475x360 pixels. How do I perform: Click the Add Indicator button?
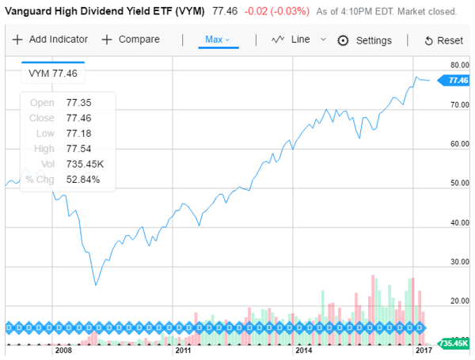click(x=50, y=40)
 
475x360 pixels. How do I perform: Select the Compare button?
click(x=131, y=40)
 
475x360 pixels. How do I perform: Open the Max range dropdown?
click(x=217, y=40)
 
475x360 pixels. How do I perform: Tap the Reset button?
click(x=443, y=40)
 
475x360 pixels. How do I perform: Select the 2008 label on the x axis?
click(x=64, y=350)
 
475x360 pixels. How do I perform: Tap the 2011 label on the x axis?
click(x=184, y=350)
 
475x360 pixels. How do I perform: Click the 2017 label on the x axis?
click(x=423, y=350)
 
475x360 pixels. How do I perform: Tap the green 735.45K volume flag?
click(x=456, y=343)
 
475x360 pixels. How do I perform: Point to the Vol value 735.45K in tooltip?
click(x=84, y=164)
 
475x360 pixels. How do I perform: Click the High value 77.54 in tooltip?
click(x=77, y=148)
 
